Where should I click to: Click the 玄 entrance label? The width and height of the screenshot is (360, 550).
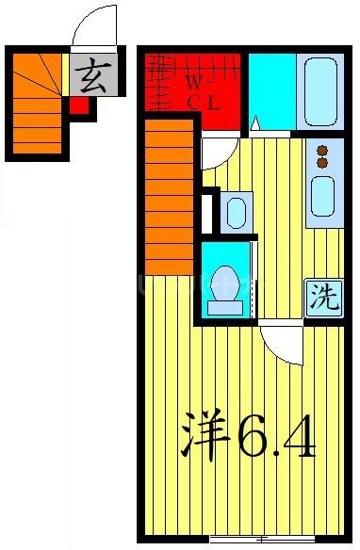coord(92,74)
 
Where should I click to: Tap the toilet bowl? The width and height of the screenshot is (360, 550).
coord(224,286)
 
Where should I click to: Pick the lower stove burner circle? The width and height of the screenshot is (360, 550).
coord(322,163)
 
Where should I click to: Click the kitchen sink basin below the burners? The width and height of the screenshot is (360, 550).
coord(322,195)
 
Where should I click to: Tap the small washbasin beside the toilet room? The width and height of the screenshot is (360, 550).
coord(236,211)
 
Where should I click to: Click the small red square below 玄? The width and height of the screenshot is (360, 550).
coord(79,105)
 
